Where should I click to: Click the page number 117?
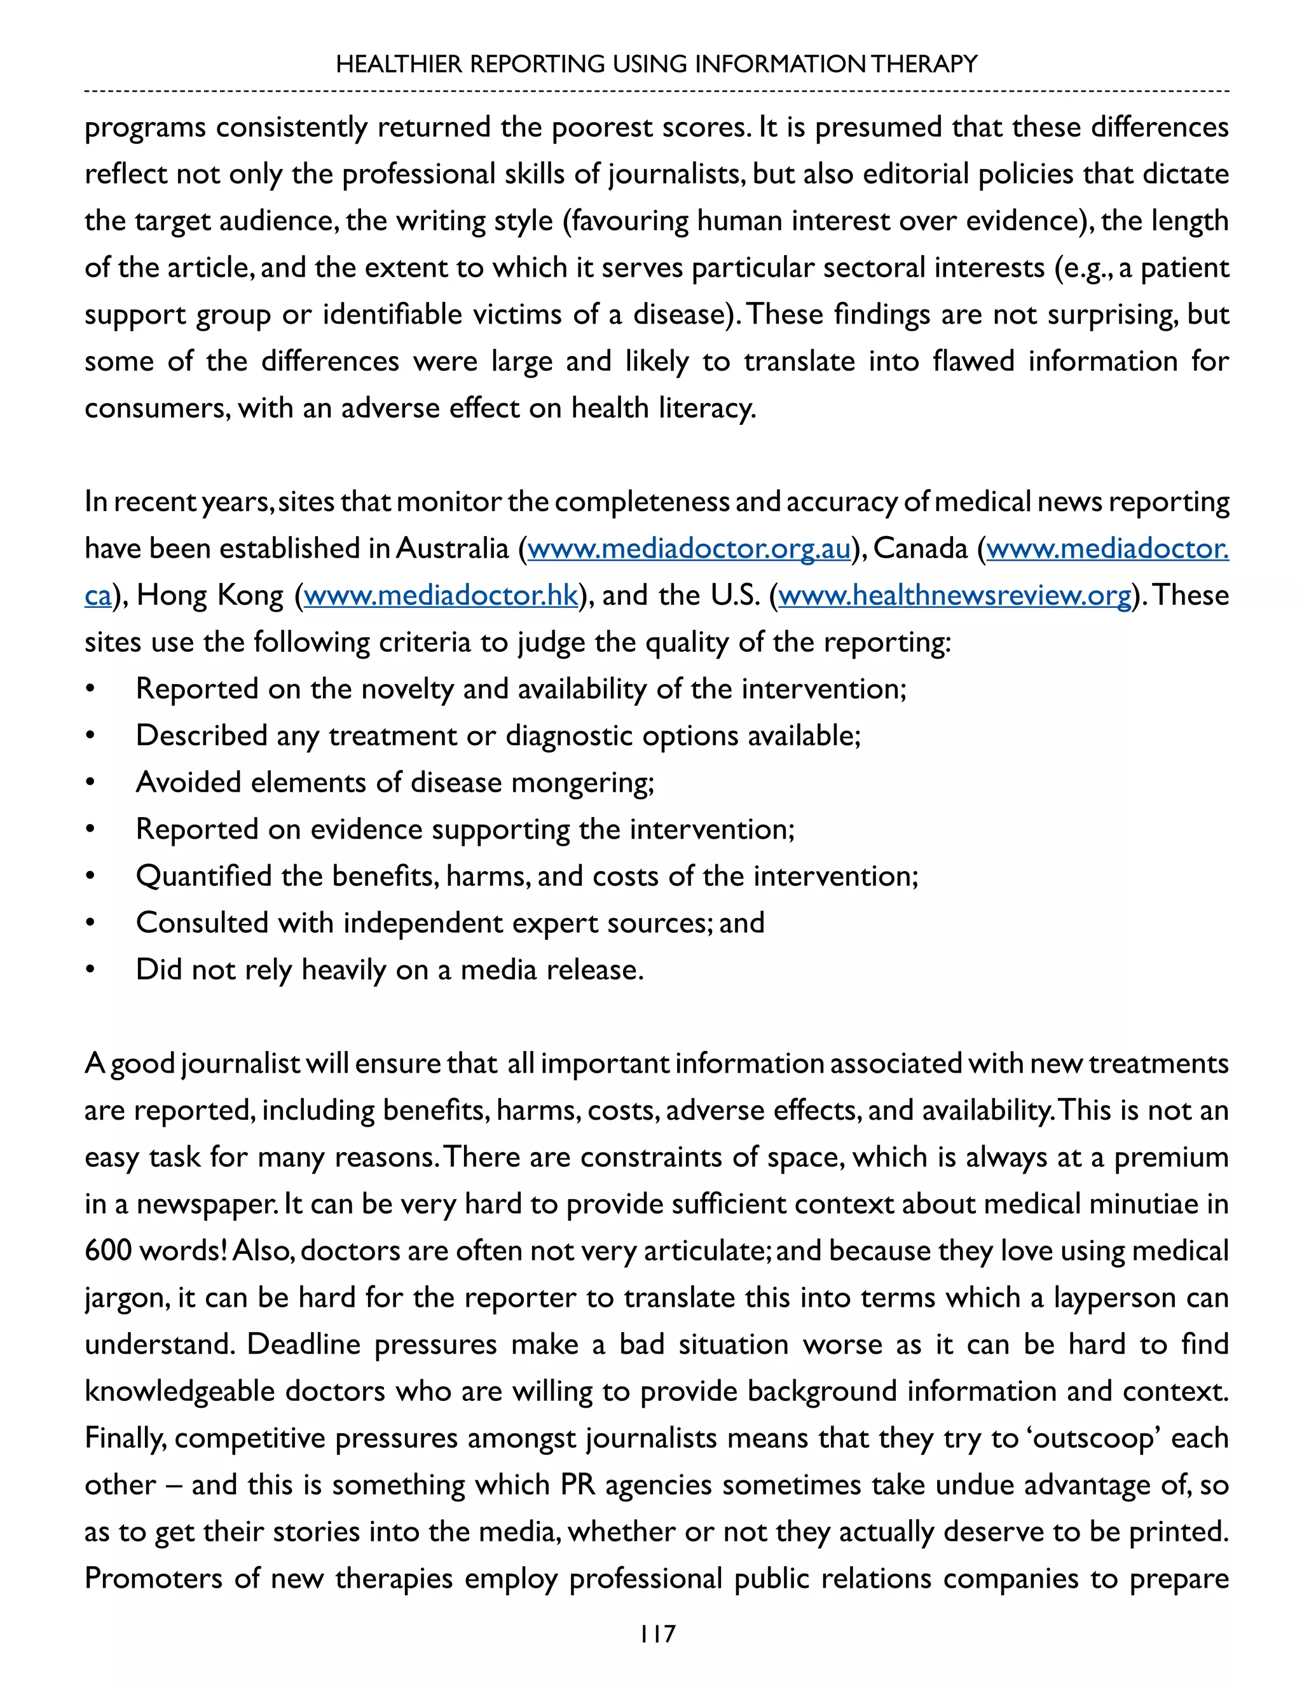657,1633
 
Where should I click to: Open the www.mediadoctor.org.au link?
689,549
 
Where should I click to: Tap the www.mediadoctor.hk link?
441,595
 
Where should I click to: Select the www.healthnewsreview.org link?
955,595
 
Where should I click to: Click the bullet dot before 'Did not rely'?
91,970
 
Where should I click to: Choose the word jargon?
127,1298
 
